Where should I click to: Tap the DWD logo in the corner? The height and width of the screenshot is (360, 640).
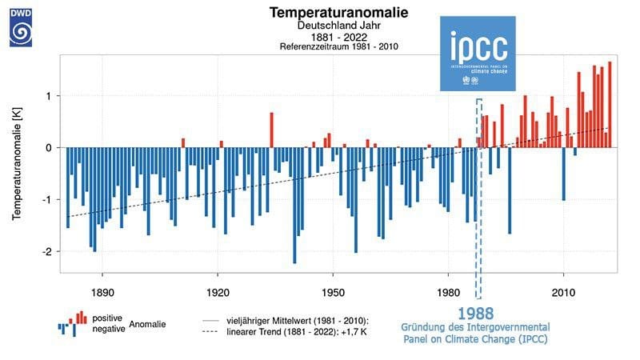(x=21, y=24)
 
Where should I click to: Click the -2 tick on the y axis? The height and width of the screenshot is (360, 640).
(x=48, y=251)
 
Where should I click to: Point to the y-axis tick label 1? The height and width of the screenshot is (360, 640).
(x=50, y=96)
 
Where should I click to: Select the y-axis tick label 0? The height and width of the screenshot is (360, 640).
(x=50, y=148)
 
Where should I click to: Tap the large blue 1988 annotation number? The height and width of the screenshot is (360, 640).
(x=475, y=314)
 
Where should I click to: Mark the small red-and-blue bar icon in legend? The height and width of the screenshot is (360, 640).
(x=72, y=322)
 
